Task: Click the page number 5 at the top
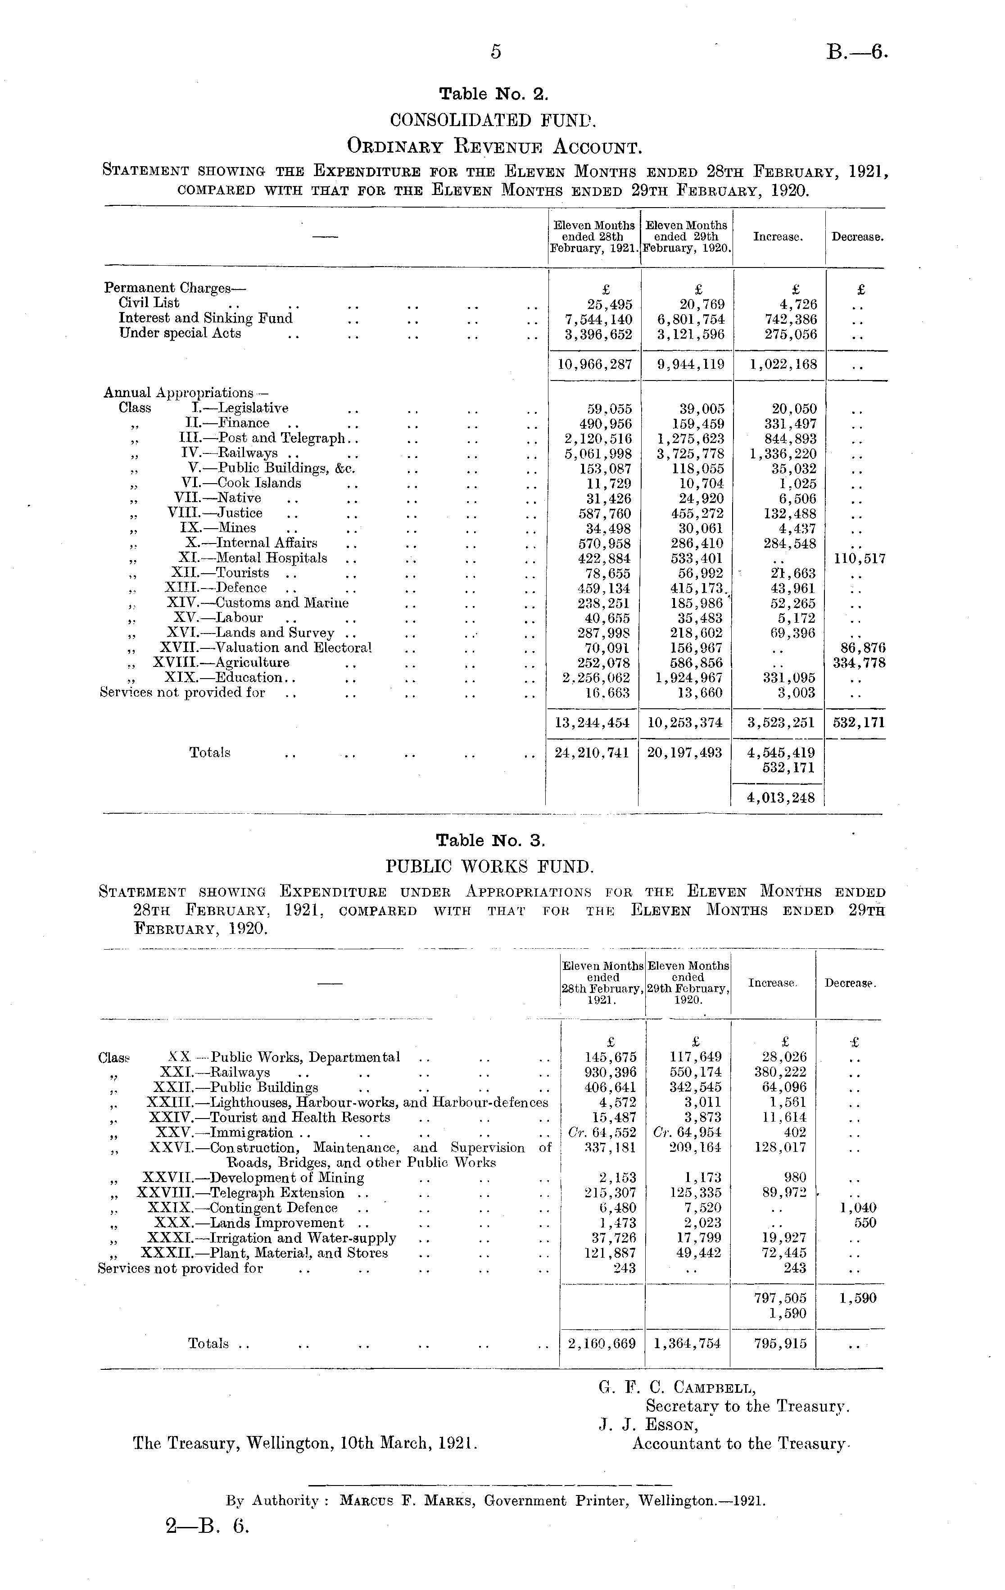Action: tap(496, 51)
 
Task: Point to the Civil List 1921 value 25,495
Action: tap(610, 304)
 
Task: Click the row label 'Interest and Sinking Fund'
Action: tap(205, 318)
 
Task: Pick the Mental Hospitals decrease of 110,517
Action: tap(859, 559)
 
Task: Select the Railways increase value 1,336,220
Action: tap(783, 453)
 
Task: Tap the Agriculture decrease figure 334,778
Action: tap(859, 663)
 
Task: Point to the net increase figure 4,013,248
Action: tap(780, 797)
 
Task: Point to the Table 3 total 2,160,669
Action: tap(602, 1344)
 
